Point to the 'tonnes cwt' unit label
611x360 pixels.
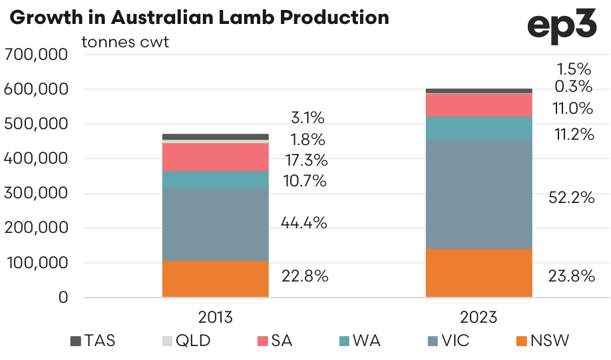click(x=125, y=43)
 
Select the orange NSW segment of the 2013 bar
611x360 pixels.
click(x=215, y=278)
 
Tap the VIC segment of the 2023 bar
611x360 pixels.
click(x=479, y=194)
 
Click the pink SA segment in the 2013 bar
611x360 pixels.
click(x=215, y=157)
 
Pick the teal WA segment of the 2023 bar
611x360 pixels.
click(x=479, y=128)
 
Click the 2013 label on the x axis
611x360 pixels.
click(x=215, y=317)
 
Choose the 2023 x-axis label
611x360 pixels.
click(x=479, y=317)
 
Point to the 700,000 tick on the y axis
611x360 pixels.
click(x=36, y=55)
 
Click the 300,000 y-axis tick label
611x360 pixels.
click(x=36, y=194)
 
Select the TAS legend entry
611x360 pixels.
click(x=93, y=341)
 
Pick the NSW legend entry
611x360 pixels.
click(x=542, y=341)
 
